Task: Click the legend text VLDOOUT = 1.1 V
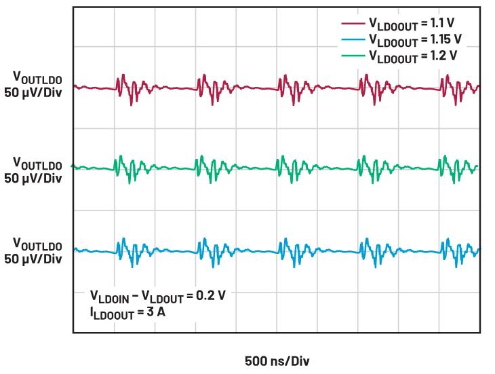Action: [x=412, y=24]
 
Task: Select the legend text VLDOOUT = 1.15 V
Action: [x=415, y=40]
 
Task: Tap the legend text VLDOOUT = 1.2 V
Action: [x=413, y=56]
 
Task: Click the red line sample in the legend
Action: [x=353, y=23]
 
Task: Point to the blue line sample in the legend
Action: [x=353, y=39]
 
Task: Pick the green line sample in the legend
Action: [x=353, y=56]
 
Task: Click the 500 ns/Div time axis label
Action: [x=277, y=360]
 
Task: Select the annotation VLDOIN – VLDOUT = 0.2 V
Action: [x=158, y=297]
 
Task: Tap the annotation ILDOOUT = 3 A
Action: [x=127, y=313]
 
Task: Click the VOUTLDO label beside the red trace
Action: [x=37, y=78]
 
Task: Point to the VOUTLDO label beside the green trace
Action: [x=37, y=164]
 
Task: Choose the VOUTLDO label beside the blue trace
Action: [x=37, y=245]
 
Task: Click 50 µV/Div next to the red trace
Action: [x=33, y=93]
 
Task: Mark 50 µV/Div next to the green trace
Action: [x=33, y=178]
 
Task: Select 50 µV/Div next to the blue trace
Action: [x=33, y=259]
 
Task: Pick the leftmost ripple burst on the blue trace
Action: [x=135, y=253]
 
